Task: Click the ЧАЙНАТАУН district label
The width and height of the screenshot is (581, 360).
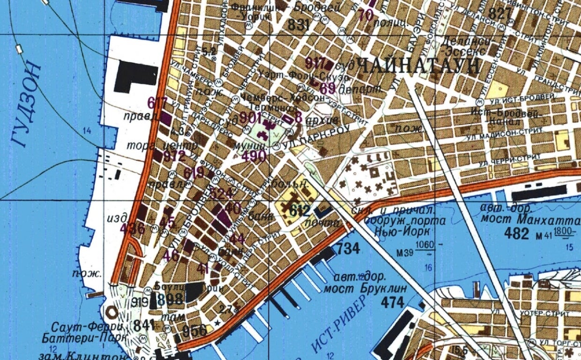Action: coord(418,66)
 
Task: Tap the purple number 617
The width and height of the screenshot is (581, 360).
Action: coord(157,102)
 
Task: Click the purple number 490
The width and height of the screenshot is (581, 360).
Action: coord(254,156)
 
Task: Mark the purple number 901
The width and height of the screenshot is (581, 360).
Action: coord(251,118)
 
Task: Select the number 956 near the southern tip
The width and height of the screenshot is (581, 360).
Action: coord(194,331)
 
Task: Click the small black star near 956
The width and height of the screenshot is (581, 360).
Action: coord(217,323)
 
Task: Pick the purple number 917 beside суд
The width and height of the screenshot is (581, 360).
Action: coord(316,63)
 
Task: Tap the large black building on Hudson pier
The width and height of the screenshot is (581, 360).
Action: coord(135,75)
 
